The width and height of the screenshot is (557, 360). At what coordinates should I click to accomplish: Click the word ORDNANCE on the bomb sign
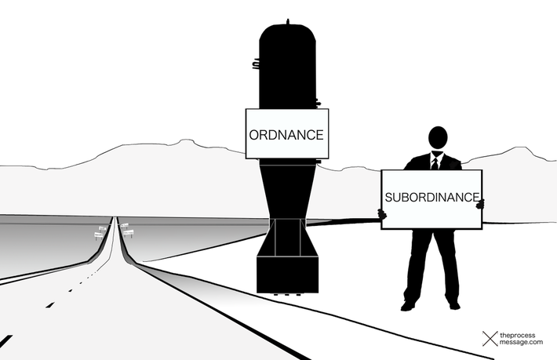click(x=286, y=134)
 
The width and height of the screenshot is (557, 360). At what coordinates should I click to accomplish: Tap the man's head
click(x=438, y=138)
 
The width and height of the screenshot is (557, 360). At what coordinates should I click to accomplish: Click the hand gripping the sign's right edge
click(x=481, y=204)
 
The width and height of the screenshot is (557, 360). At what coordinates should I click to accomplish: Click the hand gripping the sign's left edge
click(x=382, y=212)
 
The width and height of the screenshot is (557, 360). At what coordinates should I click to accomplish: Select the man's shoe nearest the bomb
click(x=408, y=305)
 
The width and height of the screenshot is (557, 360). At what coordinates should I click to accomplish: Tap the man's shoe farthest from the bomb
click(x=453, y=304)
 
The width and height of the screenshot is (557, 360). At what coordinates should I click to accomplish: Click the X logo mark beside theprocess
click(x=490, y=339)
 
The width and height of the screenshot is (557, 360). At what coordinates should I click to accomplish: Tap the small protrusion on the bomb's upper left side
click(x=256, y=65)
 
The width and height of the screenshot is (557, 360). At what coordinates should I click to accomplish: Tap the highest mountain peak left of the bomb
click(x=184, y=142)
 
